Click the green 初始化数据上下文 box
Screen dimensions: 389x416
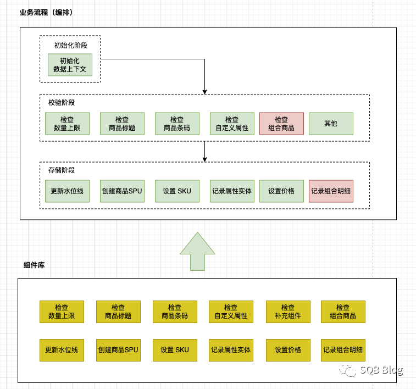pos(70,65)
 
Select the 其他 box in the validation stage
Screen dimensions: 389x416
pos(331,124)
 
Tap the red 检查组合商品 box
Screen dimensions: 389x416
pos(281,124)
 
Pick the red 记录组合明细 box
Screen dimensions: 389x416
pos(331,191)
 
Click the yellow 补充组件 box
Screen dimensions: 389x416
pos(288,312)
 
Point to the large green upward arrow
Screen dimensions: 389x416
pos(198,251)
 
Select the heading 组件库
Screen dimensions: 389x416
pos(34,265)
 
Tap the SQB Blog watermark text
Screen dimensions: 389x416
pos(381,370)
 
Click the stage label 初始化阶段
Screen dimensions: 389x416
pos(70,45)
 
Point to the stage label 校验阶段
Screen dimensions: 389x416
pos(62,102)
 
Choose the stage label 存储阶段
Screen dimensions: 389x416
pos(62,170)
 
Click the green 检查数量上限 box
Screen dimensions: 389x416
pos(67,124)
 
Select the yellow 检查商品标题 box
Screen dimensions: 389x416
pos(118,312)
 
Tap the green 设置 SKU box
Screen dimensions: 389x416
pos(177,191)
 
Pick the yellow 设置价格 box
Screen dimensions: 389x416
pos(288,350)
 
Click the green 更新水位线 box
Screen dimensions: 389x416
pos(67,191)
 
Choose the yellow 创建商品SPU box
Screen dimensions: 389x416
pos(118,350)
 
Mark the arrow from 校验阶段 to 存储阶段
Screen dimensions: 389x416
pos(204,151)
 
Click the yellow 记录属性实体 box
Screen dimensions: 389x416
pos(231,350)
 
